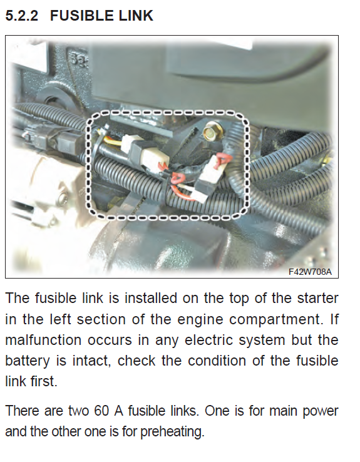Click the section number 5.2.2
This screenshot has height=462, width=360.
[22, 16]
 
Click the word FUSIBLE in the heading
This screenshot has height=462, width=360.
[81, 16]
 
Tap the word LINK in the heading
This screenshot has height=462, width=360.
[136, 16]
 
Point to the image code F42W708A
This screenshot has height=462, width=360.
[310, 271]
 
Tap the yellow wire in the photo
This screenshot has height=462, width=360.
[114, 142]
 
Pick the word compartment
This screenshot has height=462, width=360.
[275, 320]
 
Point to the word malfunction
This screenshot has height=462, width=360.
[43, 340]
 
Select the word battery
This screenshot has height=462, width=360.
[28, 361]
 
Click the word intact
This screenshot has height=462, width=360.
[92, 361]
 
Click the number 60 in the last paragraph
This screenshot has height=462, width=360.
[101, 411]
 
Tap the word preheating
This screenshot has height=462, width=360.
[172, 432]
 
